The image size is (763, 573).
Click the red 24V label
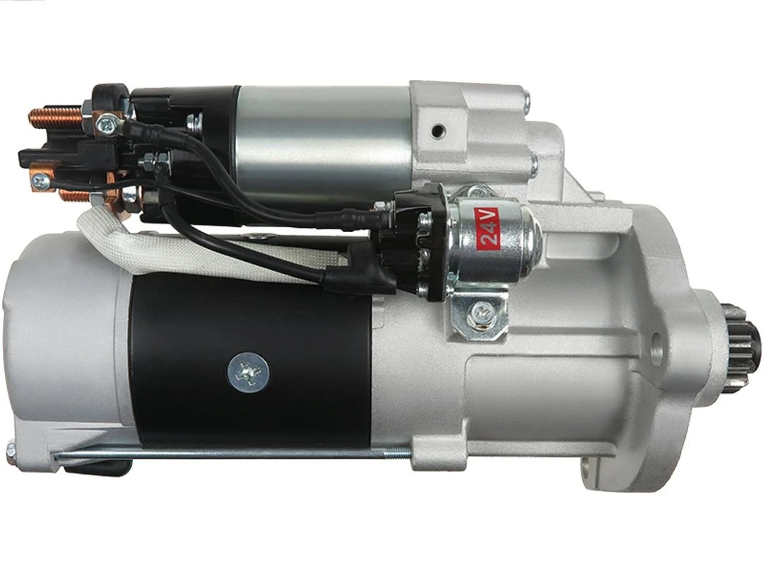489,228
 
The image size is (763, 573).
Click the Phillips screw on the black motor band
248,372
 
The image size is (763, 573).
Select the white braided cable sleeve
177,248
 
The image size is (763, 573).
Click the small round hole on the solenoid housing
438,131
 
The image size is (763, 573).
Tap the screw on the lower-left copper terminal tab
41,181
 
